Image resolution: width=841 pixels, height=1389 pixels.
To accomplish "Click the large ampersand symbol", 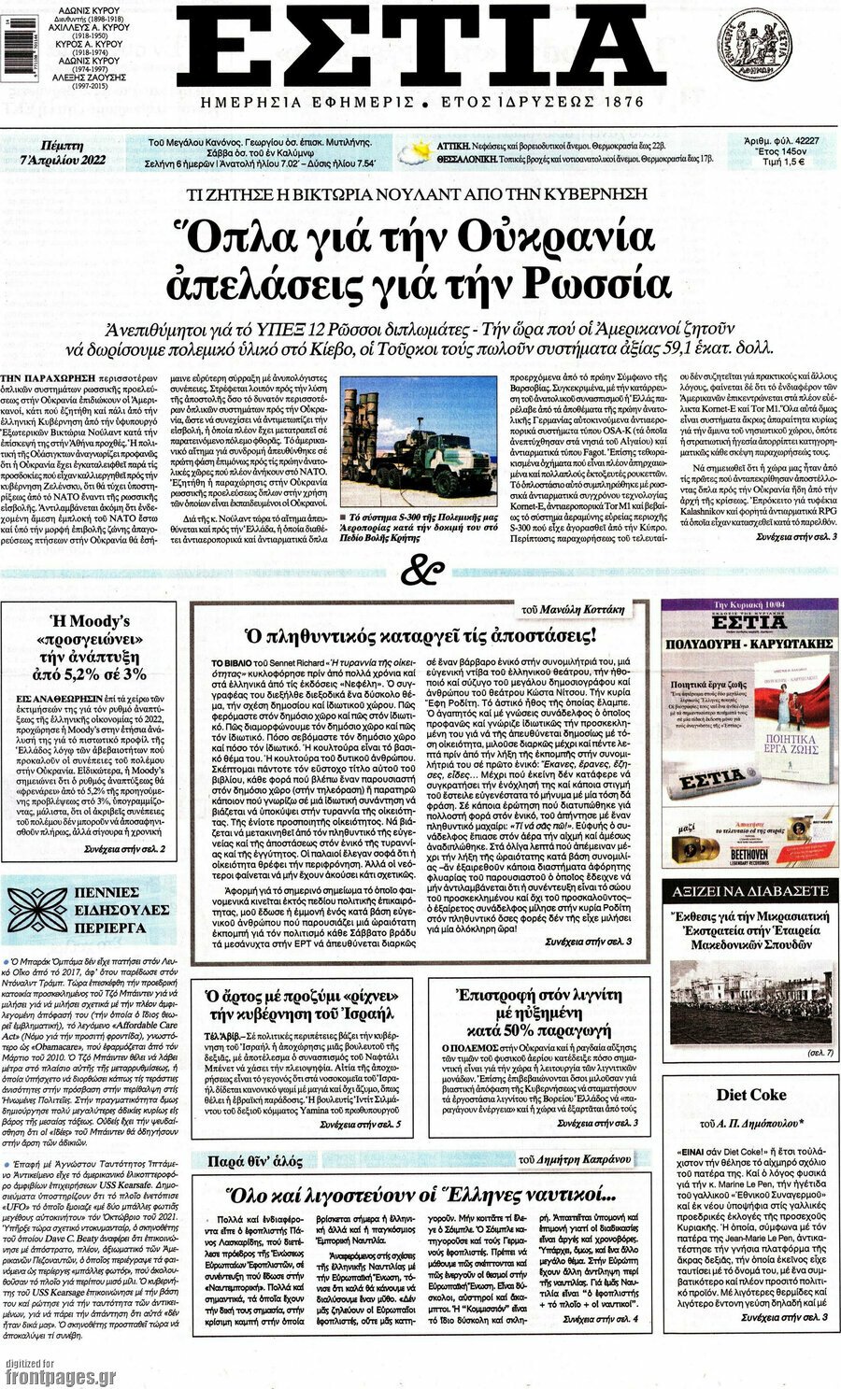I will [x=420, y=570].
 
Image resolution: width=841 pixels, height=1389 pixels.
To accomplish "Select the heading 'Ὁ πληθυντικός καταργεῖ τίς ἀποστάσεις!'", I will [x=420, y=636].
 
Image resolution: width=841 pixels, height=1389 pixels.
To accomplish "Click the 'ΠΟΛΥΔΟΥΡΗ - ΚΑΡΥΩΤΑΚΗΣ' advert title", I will [x=749, y=645].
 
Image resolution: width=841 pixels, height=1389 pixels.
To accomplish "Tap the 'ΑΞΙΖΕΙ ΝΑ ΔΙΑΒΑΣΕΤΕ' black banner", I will [x=749, y=892].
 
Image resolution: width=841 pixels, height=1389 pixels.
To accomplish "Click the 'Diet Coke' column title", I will [x=750, y=1095].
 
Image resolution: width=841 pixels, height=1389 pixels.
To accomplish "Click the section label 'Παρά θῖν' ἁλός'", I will [x=255, y=1161].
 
